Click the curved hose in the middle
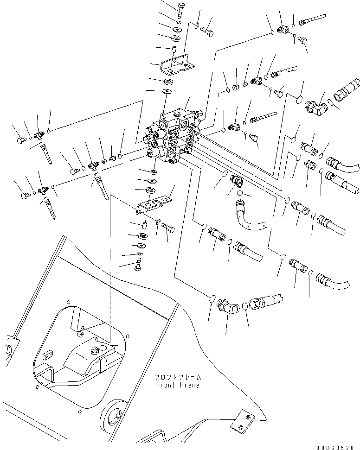pos(246,215)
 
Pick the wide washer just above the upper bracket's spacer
pos(177,37)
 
